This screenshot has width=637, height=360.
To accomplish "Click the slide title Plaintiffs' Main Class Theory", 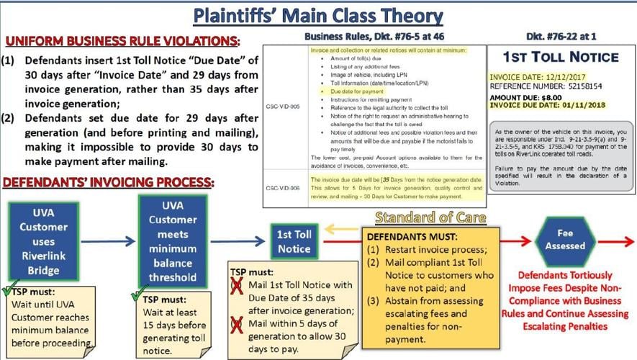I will (x=318, y=16).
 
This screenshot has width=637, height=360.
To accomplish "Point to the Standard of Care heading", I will (x=431, y=217).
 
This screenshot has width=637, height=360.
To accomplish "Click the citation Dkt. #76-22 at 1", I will (x=560, y=35).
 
